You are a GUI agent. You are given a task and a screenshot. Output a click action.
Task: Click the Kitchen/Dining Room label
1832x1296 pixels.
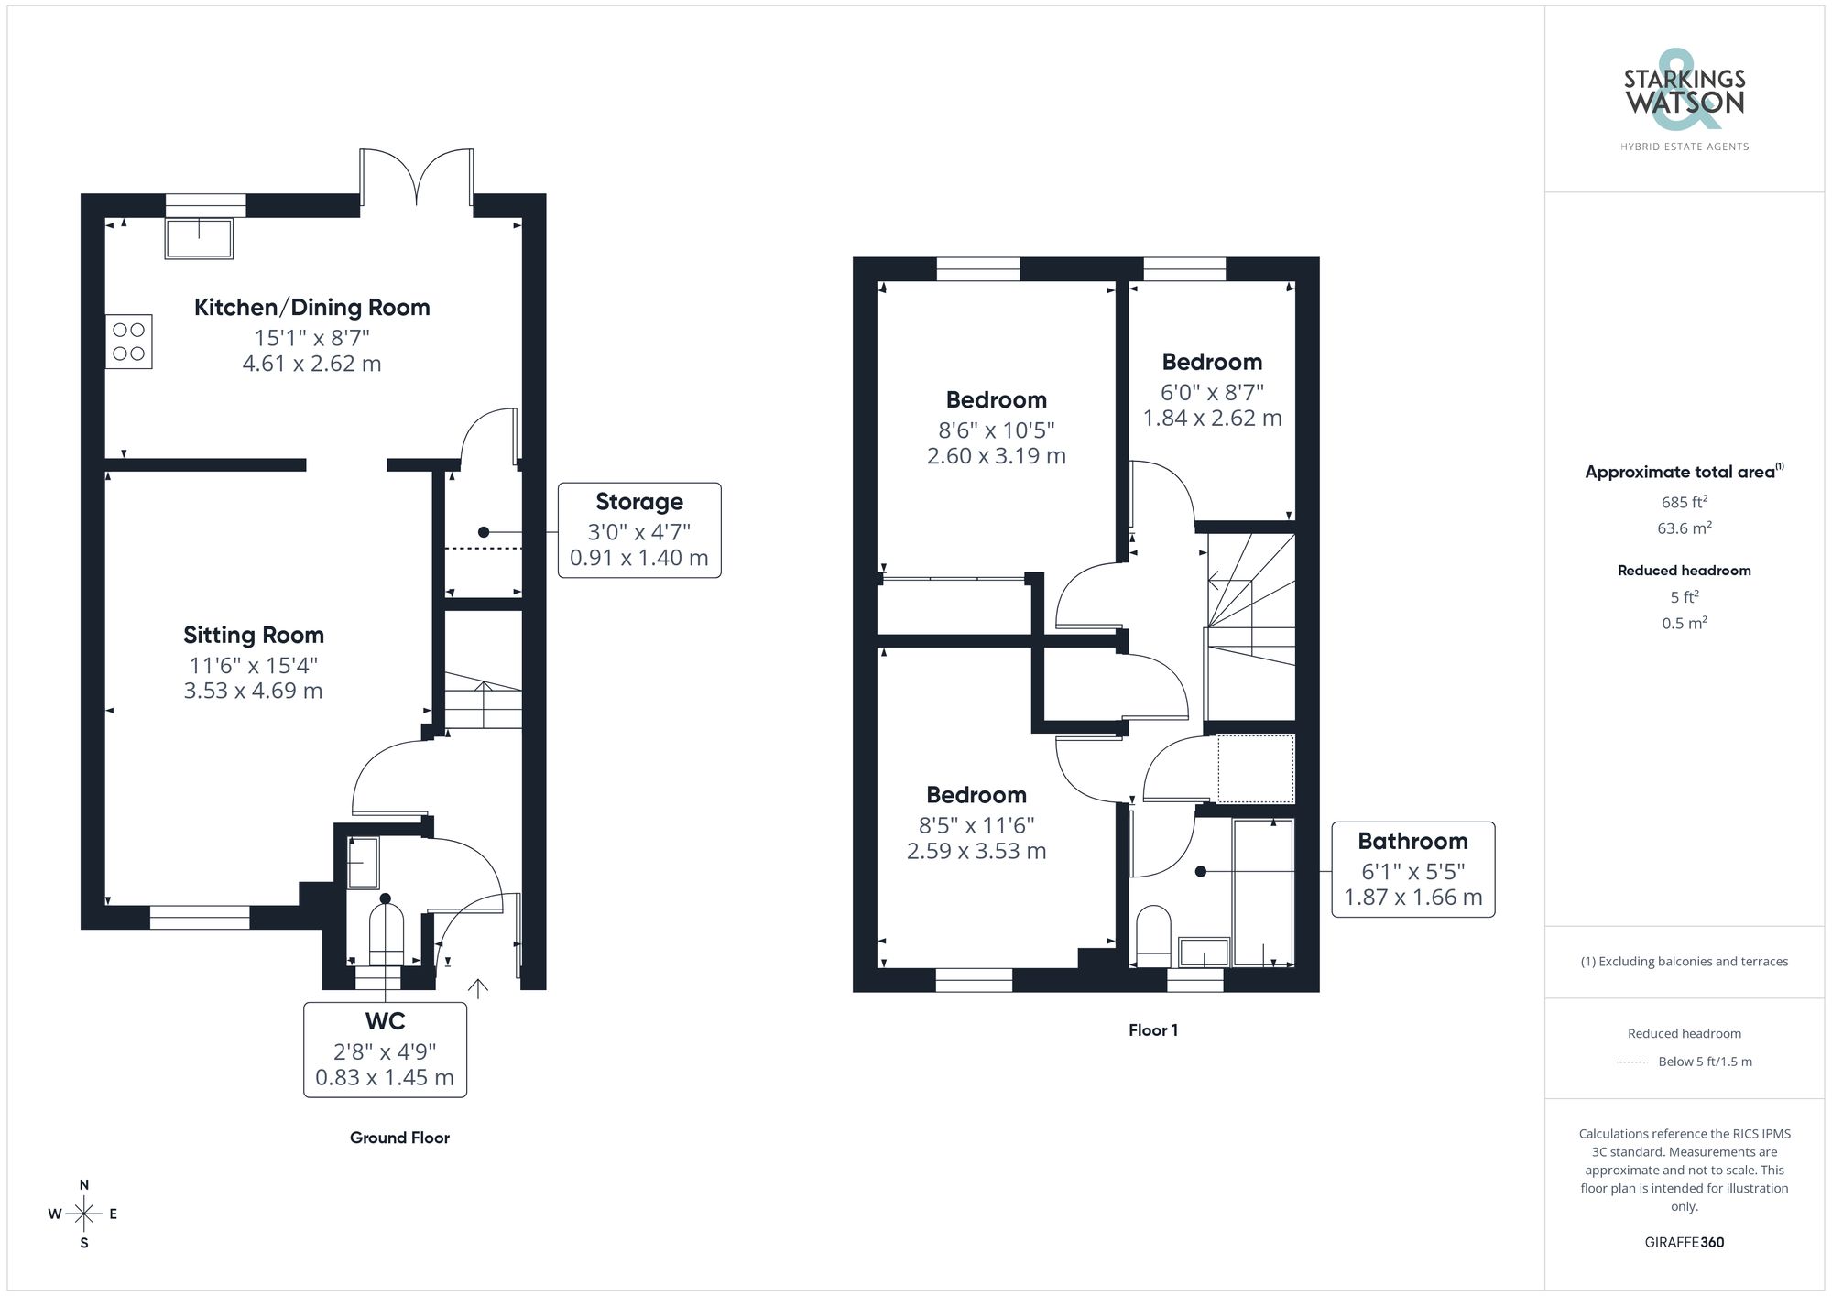(311, 308)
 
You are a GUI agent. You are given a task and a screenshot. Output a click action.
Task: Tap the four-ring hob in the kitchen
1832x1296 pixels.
(128, 342)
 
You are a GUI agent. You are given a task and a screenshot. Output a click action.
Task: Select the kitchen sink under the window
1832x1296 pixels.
(199, 238)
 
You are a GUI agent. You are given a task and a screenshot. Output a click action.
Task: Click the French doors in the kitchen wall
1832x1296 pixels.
(417, 179)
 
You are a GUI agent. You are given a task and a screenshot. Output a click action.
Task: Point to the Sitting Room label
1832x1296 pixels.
(254, 635)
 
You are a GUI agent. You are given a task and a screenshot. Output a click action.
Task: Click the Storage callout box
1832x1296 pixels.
(639, 530)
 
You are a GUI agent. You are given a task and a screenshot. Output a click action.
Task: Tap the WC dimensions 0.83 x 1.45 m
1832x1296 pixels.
(385, 1078)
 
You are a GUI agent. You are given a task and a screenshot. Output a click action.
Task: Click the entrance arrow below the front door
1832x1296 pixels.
(478, 987)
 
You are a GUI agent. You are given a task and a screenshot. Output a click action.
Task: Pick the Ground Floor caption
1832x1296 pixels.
(399, 1138)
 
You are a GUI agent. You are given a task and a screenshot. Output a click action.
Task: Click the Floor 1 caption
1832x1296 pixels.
(1153, 1030)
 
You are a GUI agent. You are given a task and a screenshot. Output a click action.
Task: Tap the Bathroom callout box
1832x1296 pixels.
(1412, 869)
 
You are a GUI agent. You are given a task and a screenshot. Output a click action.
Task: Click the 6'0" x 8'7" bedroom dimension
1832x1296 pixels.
(1212, 392)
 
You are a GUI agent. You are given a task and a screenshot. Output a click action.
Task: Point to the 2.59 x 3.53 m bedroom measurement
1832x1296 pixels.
(976, 851)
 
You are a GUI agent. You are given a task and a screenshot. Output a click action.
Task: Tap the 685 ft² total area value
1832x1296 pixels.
(1684, 502)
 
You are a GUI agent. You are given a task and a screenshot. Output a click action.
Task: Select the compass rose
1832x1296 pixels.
(83, 1214)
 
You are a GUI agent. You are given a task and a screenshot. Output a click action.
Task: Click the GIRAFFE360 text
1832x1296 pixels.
(1684, 1242)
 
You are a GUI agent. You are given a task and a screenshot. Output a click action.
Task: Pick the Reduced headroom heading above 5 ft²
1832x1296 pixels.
(1684, 571)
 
